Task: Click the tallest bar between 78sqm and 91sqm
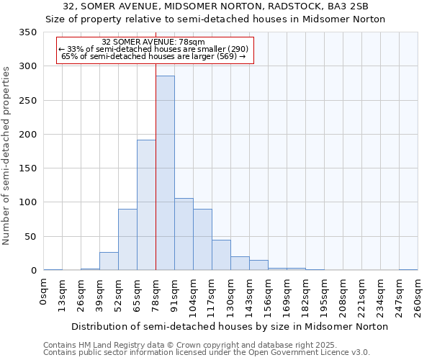pos(165,173)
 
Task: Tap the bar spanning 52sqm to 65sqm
pos(127,240)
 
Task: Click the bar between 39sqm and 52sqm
pos(109,261)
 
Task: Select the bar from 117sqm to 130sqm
pos(221,255)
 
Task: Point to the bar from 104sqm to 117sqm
pos(202,240)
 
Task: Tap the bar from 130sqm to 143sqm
pos(240,264)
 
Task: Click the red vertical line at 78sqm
pos(156,144)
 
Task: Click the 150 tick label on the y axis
pos(27,168)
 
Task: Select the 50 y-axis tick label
pos(30,237)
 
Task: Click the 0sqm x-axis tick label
pos(44,292)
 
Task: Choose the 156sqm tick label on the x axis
pos(268,296)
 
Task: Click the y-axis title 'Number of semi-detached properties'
pos(6,155)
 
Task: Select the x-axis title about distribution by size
pos(230,326)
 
